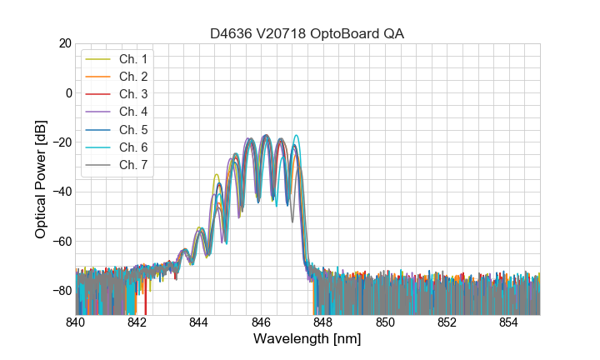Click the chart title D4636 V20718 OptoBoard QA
pos(307,33)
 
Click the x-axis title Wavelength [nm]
pos(307,340)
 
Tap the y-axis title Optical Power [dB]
pos(41,178)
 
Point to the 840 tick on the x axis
pos(76,322)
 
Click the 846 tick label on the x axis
pos(262,322)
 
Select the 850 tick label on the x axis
pos(385,322)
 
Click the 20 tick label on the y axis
pos(65,43)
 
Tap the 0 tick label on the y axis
pos(68,92)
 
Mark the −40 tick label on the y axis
pos(62,192)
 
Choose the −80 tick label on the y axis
pos(62,290)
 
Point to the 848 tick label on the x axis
pos(323,322)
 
